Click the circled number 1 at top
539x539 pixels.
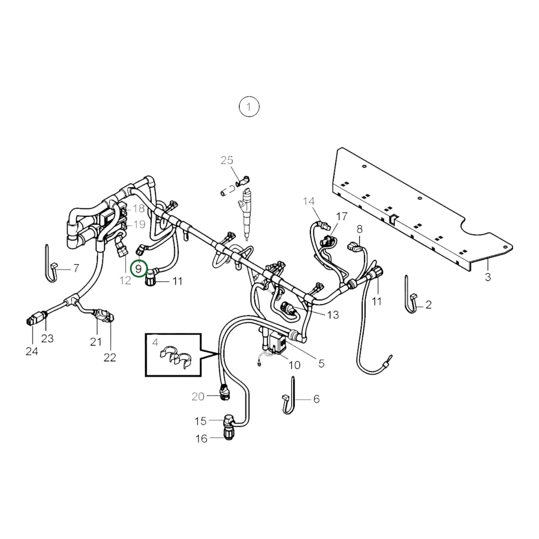249,107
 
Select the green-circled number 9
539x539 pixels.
139,268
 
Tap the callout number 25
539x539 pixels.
227,160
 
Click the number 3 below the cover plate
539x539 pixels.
488,277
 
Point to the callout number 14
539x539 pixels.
309,201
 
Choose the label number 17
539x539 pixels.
341,216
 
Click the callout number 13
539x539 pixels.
333,314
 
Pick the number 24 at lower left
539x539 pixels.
32,351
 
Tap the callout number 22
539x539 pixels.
110,357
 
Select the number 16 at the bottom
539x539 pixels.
201,439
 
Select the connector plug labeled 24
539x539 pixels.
33,320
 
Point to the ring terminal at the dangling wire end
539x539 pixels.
389,358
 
